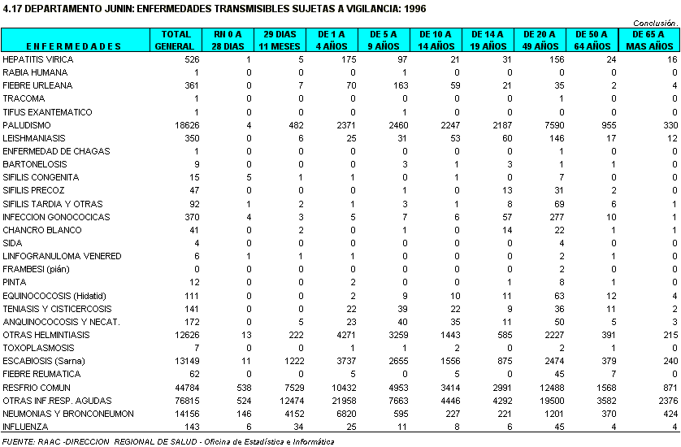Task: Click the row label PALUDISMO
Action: pos(27,125)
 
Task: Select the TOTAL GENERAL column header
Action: pos(176,40)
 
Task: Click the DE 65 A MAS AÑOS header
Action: pos(649,40)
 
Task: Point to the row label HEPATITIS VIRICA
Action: pos(37,59)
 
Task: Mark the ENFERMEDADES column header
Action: pos(74,46)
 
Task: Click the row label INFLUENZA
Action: pos(25,427)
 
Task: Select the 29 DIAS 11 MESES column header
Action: pos(279,40)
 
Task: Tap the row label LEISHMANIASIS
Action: pos(33,138)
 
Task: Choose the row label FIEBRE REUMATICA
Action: pos(38,374)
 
